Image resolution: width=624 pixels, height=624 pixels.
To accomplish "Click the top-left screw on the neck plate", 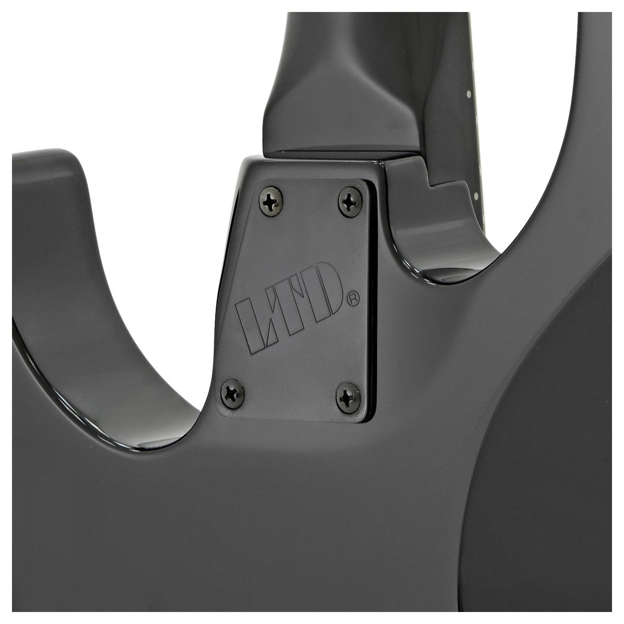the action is pyautogui.click(x=271, y=201).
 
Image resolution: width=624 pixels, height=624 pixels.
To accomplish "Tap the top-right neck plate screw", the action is pyautogui.click(x=350, y=202).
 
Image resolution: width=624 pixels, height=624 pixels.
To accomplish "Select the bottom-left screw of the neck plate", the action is pyautogui.click(x=232, y=393).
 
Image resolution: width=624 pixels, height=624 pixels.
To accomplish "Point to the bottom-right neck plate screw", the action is pyautogui.click(x=348, y=398).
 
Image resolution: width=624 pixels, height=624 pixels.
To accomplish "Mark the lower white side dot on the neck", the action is pyautogui.click(x=476, y=196).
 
